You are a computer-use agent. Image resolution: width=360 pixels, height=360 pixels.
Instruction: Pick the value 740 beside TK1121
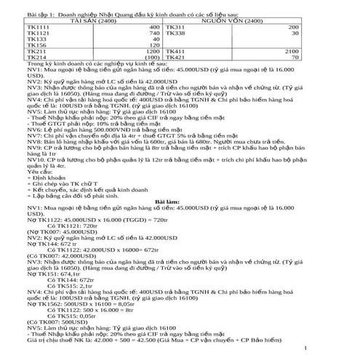(152, 33)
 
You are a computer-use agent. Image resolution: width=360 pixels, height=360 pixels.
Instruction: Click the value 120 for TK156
(152, 46)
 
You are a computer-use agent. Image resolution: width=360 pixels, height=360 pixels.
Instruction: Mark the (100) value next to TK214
(151, 59)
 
